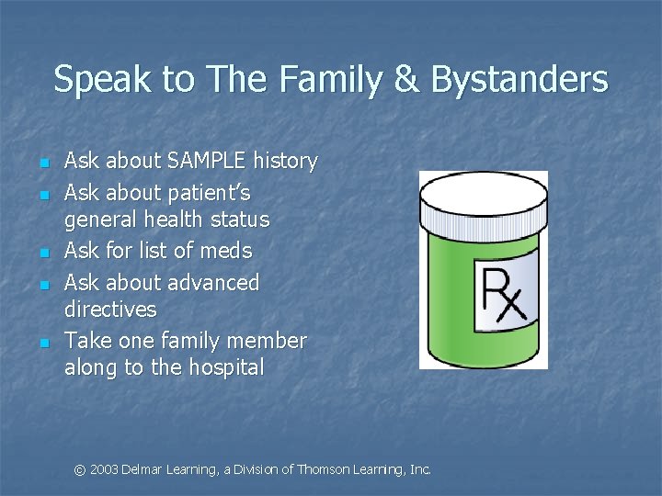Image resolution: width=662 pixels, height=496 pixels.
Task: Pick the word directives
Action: [x=110, y=309]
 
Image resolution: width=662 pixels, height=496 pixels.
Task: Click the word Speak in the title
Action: [x=97, y=81]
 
